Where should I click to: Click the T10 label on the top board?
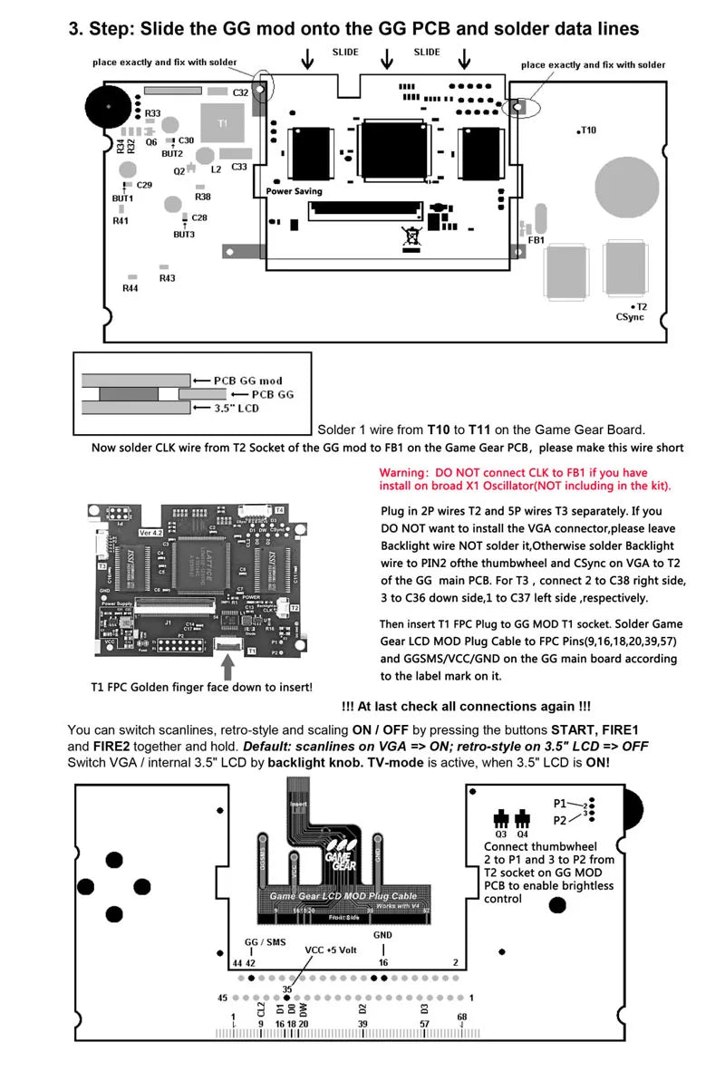tap(588, 130)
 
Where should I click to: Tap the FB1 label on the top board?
tap(536, 240)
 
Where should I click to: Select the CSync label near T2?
tap(630, 317)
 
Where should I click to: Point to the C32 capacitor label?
tap(240, 93)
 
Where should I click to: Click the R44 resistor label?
tap(130, 288)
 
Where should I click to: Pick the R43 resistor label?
tap(167, 278)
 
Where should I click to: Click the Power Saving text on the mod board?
tap(294, 191)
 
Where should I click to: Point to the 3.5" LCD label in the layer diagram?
tap(237, 409)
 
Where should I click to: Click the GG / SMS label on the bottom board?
tap(265, 942)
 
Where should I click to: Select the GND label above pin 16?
tap(383, 935)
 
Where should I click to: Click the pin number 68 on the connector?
tap(462, 1018)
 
